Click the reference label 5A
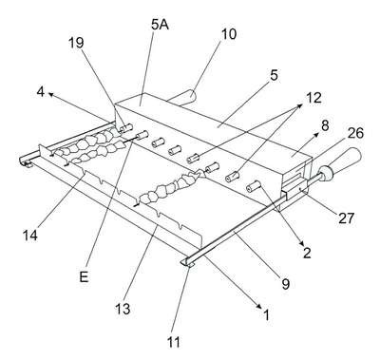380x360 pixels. [160, 25]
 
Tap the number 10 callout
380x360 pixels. [229, 34]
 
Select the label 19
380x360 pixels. [76, 43]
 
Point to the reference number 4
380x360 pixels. [41, 92]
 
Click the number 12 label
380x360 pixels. [313, 98]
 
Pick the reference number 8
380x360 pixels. [325, 125]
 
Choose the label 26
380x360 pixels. [355, 133]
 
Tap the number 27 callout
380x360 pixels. [346, 218]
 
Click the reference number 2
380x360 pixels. [307, 253]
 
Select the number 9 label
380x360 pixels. [286, 284]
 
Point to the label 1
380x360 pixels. [266, 314]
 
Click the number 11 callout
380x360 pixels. [174, 342]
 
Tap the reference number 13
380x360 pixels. [123, 308]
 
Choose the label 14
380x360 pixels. [30, 236]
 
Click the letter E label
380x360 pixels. [84, 277]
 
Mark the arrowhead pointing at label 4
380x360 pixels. [50, 94]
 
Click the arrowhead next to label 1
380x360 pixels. [259, 306]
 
